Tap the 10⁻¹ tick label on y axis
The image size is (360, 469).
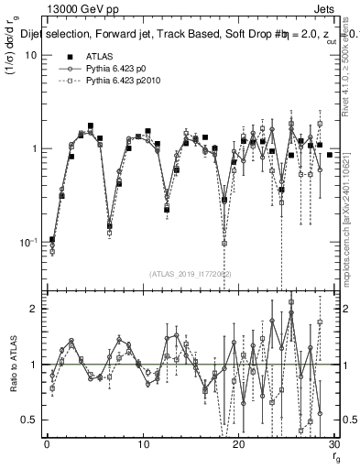(27, 241)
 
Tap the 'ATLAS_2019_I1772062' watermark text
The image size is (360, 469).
(190, 274)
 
